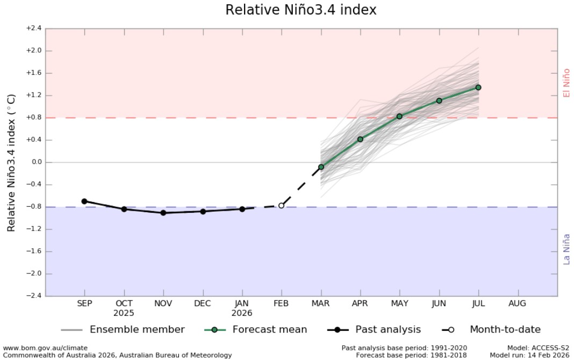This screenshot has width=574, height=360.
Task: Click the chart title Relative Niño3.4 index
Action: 300,10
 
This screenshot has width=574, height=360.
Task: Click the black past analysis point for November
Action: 163,213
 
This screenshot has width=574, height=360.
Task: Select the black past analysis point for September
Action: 84,201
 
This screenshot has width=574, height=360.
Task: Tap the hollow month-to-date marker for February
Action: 281,205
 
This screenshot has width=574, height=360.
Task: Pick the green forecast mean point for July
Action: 478,88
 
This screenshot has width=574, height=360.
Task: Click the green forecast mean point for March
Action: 321,167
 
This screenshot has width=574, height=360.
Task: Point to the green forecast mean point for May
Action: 399,116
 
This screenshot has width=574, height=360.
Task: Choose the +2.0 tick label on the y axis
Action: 34,51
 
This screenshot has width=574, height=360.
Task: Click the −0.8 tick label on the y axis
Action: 34,207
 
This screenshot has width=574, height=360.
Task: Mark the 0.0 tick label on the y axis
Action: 35,162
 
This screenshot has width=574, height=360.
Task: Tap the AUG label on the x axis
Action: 518,304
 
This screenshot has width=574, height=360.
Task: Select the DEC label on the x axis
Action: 203,304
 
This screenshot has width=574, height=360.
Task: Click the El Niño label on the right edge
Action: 566,83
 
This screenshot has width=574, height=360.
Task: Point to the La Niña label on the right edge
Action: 566,249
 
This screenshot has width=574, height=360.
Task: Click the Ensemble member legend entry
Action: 137,329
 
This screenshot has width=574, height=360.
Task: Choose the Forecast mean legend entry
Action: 269,329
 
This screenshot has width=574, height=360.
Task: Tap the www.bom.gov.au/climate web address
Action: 45,348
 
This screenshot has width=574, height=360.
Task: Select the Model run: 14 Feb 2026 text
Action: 529,355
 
